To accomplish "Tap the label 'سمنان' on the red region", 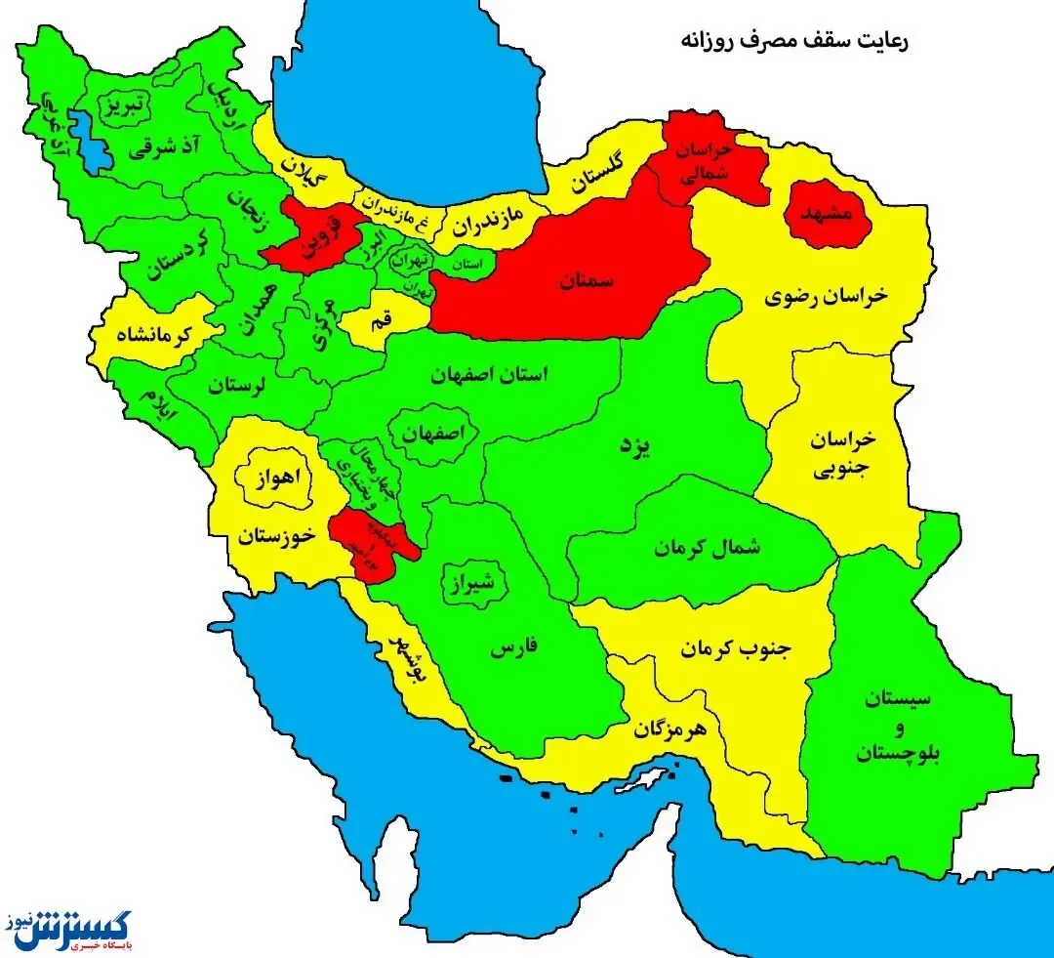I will pos(587,280).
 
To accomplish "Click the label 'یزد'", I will pos(635,446).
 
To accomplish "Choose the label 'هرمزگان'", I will pos(672,729).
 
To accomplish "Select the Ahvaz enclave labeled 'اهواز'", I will pos(276,479).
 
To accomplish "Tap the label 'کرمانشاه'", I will pos(158,335).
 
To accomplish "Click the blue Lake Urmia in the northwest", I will pos(93,142).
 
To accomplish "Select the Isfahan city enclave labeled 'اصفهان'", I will pos(431,433).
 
